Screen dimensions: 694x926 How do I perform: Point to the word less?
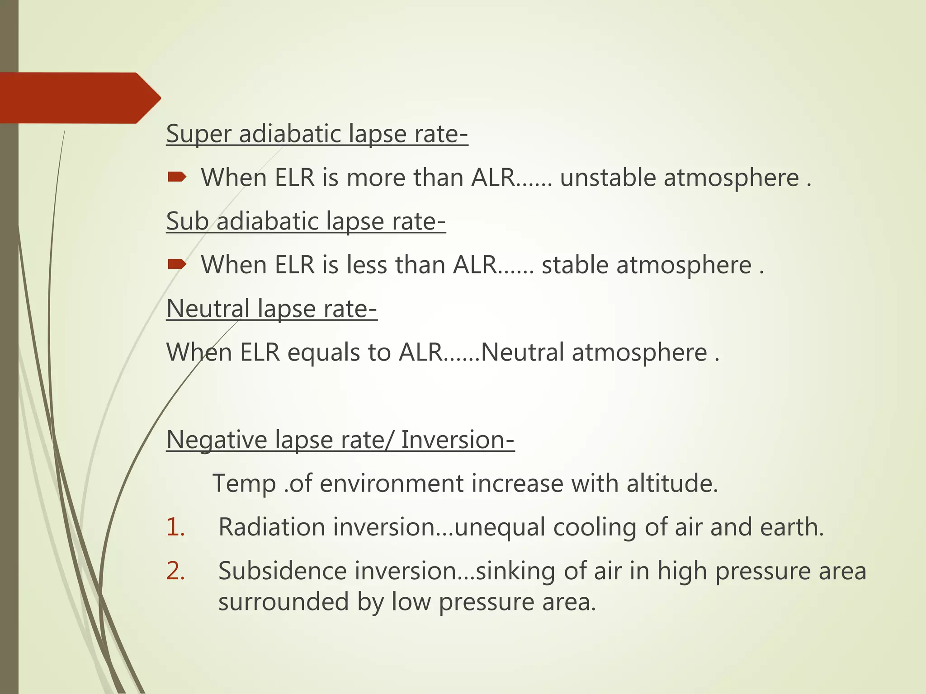(367, 265)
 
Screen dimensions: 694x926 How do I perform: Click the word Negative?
(217, 440)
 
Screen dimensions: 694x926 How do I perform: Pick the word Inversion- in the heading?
(458, 440)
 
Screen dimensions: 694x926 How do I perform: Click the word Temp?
(244, 483)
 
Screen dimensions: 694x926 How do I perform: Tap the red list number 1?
(175, 527)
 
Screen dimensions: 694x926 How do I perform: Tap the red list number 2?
(175, 571)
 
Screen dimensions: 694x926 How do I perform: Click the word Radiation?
(272, 527)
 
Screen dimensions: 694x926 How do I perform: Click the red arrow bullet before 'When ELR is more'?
(176, 177)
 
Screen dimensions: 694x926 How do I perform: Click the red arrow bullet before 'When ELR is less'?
(176, 264)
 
